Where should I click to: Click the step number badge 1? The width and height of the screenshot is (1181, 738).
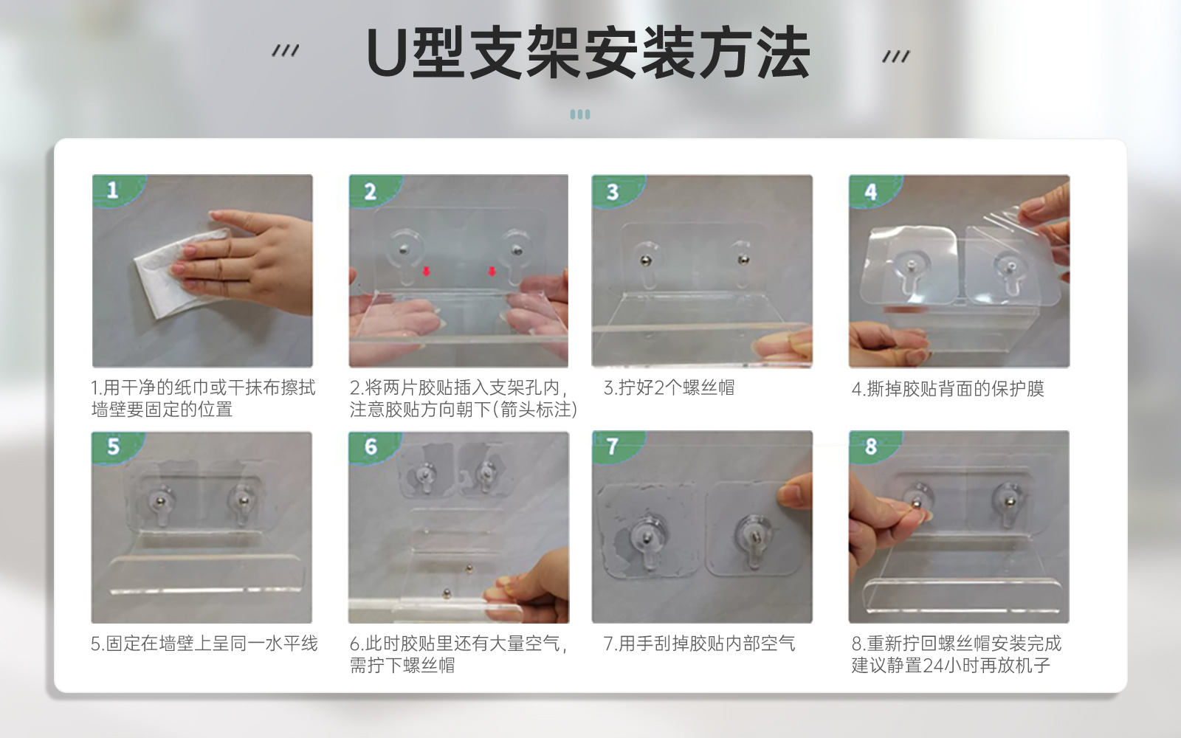click(112, 190)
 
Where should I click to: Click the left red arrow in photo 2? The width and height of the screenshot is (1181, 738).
click(427, 272)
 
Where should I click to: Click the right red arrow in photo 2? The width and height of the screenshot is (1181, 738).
click(492, 272)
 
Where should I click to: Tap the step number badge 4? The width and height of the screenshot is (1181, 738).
click(870, 192)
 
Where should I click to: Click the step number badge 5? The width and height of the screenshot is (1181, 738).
click(113, 446)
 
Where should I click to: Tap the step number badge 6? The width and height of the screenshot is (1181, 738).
click(371, 446)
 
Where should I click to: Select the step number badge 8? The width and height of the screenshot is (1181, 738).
click(871, 446)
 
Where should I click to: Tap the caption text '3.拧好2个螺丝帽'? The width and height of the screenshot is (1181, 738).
click(669, 388)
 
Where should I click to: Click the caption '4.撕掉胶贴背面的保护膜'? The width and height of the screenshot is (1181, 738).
click(948, 389)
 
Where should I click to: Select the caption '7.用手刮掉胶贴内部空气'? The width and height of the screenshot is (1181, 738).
click(699, 644)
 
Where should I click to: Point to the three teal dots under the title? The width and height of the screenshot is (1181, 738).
click(580, 114)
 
